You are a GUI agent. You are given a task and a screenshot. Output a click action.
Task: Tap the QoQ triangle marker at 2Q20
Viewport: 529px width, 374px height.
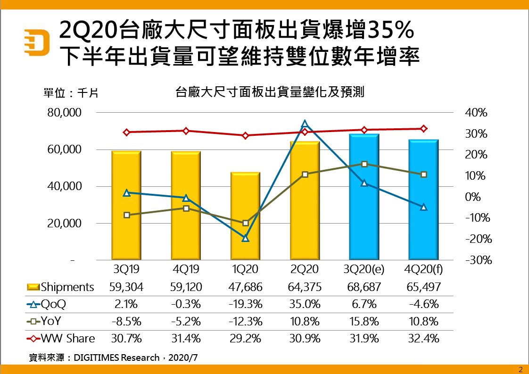[305, 124]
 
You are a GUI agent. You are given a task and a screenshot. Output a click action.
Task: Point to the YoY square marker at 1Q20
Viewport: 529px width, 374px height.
[245, 223]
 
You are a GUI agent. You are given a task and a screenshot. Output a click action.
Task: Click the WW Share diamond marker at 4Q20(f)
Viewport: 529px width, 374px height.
[423, 128]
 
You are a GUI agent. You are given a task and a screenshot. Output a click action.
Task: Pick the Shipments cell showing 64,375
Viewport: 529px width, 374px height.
[305, 287]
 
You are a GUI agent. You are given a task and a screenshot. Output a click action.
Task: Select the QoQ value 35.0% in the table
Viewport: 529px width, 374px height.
[305, 304]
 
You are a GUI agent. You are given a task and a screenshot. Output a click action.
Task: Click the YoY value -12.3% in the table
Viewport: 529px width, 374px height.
[245, 322]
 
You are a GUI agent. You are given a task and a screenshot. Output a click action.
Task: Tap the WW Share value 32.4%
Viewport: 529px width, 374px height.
[423, 338]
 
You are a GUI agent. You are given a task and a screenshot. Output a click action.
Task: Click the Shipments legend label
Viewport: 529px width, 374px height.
[67, 287]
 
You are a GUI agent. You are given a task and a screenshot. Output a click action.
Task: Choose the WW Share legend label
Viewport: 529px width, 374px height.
[67, 338]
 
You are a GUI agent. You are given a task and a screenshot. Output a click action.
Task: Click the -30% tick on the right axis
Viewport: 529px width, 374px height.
[476, 260]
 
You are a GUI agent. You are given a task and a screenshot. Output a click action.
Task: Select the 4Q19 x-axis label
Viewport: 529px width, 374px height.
[186, 270]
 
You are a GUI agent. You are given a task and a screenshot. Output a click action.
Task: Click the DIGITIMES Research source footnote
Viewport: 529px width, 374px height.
[113, 357]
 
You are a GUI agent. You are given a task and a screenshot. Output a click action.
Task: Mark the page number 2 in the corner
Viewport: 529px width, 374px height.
[521, 369]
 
